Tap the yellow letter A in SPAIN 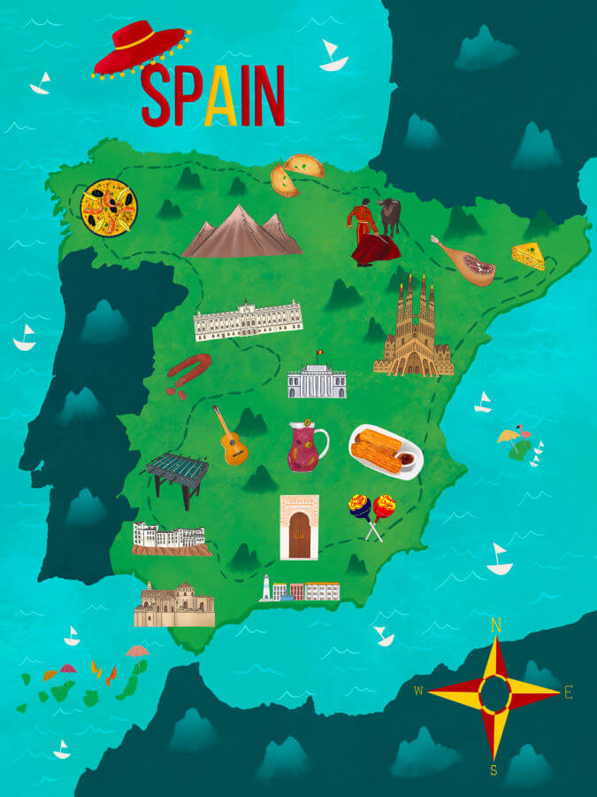click(220, 97)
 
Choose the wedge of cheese click(528, 255)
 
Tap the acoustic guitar click(229, 437)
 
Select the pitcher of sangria click(305, 447)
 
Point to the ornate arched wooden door click(299, 528)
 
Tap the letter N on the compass click(496, 626)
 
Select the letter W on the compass click(418, 691)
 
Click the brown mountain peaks click(241, 233)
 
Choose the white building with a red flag click(316, 379)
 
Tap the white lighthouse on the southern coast click(265, 588)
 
